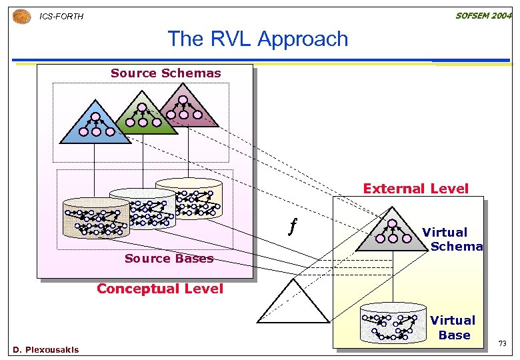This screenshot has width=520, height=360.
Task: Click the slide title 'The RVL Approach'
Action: (257, 39)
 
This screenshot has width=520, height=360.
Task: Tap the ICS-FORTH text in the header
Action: (61, 16)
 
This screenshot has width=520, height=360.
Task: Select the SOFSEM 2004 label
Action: (483, 15)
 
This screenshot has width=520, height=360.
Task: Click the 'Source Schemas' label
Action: (165, 73)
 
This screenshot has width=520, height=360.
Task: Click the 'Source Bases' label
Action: (169, 259)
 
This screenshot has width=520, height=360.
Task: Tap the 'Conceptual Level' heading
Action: (160, 289)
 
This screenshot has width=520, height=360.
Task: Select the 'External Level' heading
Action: (415, 189)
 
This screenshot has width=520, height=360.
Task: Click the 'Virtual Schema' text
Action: (451, 239)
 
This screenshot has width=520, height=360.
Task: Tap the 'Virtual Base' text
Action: (453, 327)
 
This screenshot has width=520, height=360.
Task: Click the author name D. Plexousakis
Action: (45, 350)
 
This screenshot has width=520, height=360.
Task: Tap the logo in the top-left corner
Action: (21, 15)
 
